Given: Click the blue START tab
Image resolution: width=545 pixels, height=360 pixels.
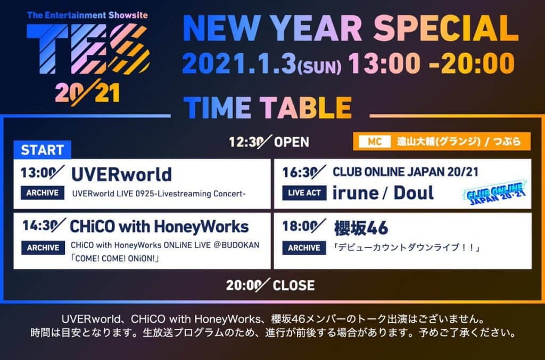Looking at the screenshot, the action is [42, 150].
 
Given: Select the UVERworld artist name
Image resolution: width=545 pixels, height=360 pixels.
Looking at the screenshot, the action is [121, 174].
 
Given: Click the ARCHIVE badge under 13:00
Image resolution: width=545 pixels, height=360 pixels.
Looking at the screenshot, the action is [43, 192].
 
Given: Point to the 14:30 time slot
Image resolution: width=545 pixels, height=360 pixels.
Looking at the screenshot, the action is [44, 225].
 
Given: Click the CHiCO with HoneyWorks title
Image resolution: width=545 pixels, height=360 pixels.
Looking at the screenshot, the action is [159, 227].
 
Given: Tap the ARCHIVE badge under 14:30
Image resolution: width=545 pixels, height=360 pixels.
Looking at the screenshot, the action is [43, 247].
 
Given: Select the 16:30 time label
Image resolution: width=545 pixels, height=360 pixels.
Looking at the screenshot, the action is [304, 172].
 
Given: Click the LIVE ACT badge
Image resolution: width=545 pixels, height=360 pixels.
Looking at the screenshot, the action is [304, 193].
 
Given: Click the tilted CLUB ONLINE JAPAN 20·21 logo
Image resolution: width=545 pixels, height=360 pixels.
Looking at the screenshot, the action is [496, 192].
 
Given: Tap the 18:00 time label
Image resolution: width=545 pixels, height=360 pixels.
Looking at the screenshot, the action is [304, 226].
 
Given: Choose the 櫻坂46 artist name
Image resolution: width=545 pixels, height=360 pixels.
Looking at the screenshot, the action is [361, 228].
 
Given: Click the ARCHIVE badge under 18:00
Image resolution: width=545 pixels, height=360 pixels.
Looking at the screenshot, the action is [304, 248].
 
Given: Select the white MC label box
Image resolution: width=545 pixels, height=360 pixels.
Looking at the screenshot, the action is [374, 141].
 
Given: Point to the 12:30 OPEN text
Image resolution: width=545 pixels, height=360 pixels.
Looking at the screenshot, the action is [269, 141].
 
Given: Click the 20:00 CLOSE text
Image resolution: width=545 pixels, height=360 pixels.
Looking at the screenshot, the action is [270, 285].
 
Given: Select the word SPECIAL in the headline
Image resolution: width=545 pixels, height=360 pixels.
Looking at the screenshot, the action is [446, 28].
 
